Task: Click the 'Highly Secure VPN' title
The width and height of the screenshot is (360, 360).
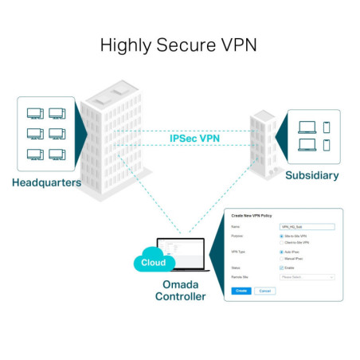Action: (x=179, y=45)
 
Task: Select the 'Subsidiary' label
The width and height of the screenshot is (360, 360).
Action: (x=311, y=175)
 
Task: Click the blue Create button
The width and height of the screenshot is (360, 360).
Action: (x=241, y=291)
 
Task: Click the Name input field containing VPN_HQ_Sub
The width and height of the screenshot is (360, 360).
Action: (x=307, y=227)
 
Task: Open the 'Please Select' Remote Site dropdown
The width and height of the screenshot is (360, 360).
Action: (x=307, y=277)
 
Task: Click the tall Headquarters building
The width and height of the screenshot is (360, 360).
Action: (x=112, y=135)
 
